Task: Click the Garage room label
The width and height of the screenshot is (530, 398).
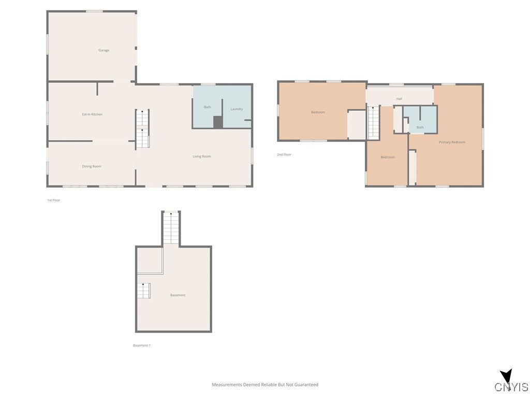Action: tap(104, 50)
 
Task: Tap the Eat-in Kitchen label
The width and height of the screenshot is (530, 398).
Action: tap(92, 114)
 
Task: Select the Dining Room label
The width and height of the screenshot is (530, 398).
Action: tap(92, 166)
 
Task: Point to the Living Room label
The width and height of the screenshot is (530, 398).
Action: tap(201, 157)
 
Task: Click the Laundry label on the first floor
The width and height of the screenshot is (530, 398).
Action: tap(237, 109)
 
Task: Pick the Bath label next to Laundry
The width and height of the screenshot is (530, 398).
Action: tap(207, 107)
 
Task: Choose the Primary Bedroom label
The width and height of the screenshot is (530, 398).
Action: tap(452, 142)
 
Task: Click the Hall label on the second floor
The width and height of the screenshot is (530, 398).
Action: tap(399, 98)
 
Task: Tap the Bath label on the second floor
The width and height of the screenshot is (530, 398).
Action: tap(420, 127)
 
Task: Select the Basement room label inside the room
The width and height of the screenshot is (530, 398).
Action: tap(178, 295)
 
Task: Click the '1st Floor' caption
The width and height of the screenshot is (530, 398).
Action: tap(53, 200)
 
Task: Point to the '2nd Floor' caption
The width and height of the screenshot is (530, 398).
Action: tap(284, 154)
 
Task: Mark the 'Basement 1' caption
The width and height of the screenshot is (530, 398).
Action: tap(141, 345)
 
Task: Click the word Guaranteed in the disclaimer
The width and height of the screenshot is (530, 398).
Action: tap(306, 385)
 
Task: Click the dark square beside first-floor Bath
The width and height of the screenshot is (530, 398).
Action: tap(218, 122)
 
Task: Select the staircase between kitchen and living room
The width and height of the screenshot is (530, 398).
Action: tap(142, 129)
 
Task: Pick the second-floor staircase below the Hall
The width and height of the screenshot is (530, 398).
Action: tap(373, 122)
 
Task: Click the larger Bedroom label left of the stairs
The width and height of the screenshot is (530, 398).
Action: tap(318, 112)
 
